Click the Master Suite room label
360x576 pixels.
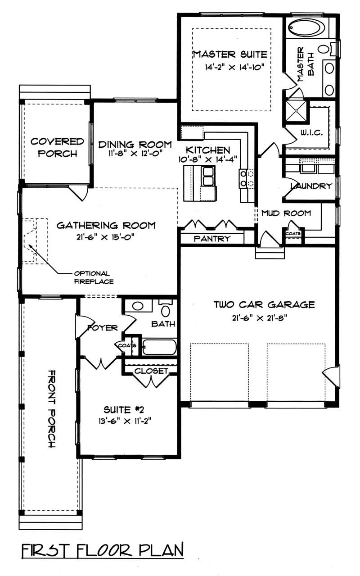click(230, 54)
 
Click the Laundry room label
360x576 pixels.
click(311, 186)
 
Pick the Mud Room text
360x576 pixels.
click(286, 213)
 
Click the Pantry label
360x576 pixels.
click(212, 239)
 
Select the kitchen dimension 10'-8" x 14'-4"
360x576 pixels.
click(208, 159)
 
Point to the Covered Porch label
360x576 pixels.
click(57, 147)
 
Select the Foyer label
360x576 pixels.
click(103, 328)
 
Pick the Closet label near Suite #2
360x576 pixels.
click(151, 372)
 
